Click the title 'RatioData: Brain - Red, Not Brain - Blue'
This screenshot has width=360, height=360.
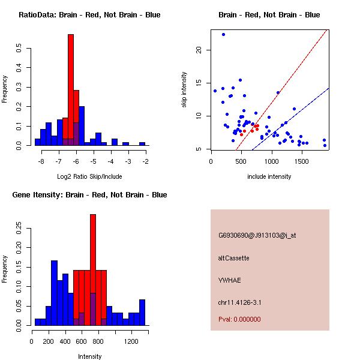click(89, 15)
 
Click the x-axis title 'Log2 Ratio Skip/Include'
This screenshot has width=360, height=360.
click(89, 176)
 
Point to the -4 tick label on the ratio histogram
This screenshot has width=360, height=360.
click(111, 162)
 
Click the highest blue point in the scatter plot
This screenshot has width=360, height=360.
click(223, 35)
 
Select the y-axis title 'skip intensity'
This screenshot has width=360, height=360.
click(185, 90)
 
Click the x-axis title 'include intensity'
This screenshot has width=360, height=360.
click(269, 176)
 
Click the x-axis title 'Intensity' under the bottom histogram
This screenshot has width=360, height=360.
click(90, 356)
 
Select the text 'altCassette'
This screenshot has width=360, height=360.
click(233, 258)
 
